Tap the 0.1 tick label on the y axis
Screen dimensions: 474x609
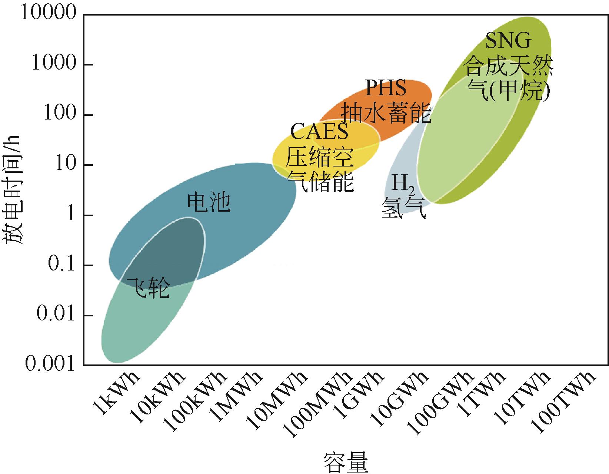click(x=61, y=265)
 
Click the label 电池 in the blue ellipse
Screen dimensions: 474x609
click(x=209, y=203)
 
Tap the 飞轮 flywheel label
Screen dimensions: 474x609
click(x=148, y=289)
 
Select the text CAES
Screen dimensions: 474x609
click(x=319, y=132)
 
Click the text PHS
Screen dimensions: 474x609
click(x=386, y=88)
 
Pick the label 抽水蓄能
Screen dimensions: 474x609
click(x=386, y=113)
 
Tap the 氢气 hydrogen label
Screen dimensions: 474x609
click(x=404, y=208)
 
